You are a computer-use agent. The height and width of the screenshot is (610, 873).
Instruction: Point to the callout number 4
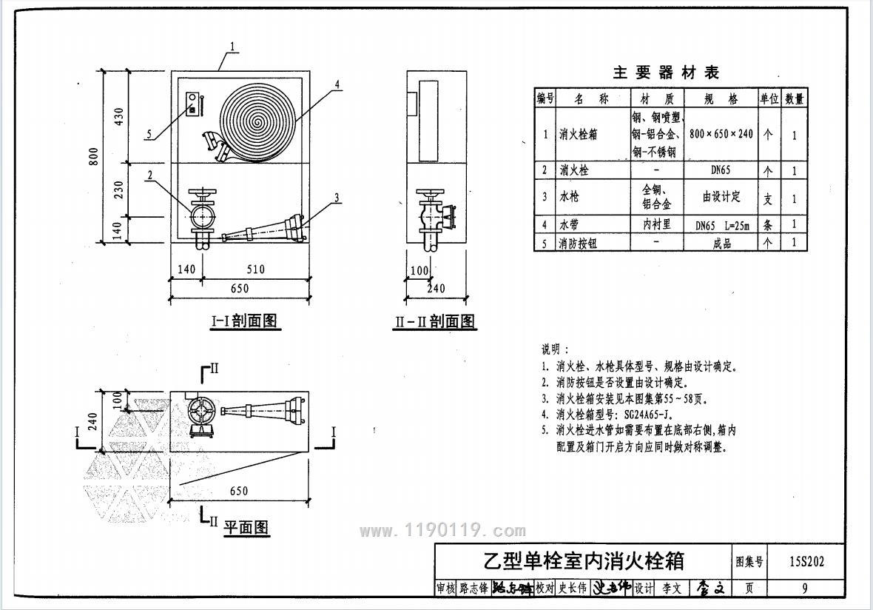[337, 84]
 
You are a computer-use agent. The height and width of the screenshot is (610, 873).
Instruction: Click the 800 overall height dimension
[93, 156]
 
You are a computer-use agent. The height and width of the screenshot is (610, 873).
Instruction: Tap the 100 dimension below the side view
[419, 270]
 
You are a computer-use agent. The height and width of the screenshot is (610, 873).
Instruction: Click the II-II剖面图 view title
[435, 322]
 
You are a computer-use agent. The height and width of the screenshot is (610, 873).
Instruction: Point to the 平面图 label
[246, 527]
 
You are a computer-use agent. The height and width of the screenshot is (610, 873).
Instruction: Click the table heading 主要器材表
[666, 73]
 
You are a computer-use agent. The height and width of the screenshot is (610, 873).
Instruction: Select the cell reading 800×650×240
[721, 134]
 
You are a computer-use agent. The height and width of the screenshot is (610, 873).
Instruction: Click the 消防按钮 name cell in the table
[578, 243]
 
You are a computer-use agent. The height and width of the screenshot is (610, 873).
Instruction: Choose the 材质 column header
[658, 98]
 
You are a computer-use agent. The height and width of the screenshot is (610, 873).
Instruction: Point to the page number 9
[804, 589]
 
